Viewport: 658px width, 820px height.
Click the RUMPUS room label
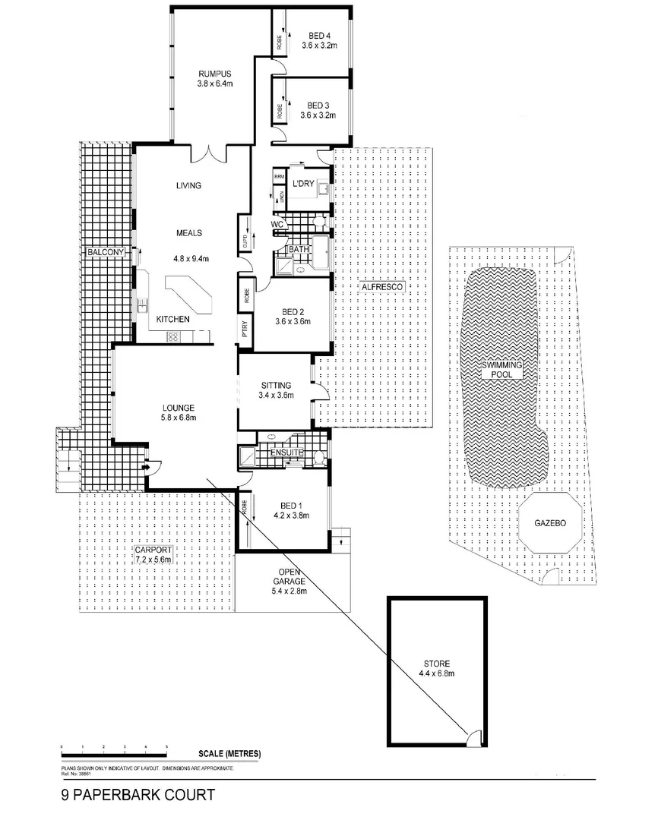214,74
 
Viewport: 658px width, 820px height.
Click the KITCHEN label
172,320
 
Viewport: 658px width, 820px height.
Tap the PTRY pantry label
245,329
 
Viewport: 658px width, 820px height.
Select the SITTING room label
275,385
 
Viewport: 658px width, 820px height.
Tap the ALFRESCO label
380,288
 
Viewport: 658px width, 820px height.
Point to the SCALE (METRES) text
229,754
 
